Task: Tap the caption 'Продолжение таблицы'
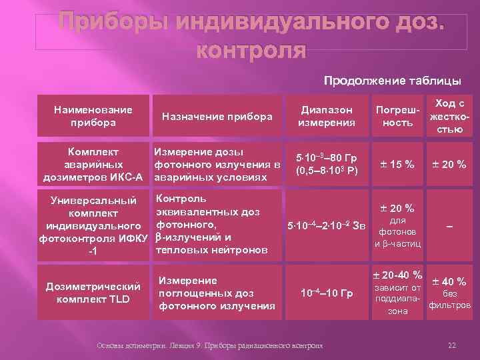pos(392,81)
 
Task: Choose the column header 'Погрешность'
pos(393,117)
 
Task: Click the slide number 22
pos(451,345)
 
